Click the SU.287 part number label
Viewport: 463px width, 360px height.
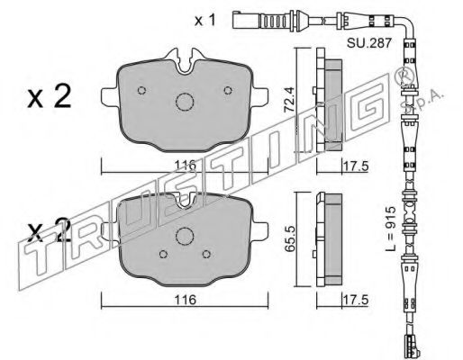pos(369,43)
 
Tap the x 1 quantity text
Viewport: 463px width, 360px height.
pos(205,20)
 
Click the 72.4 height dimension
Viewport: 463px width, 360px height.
pos(289,100)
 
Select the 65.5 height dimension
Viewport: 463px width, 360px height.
pos(290,239)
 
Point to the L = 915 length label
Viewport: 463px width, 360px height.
pos(391,229)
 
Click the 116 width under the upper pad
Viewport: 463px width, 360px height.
pos(186,166)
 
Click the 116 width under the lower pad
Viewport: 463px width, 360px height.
pos(186,300)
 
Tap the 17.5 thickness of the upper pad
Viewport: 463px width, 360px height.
pos(356,166)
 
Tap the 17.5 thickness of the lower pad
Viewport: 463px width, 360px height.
pos(356,301)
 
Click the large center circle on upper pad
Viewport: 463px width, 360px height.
pos(185,102)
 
